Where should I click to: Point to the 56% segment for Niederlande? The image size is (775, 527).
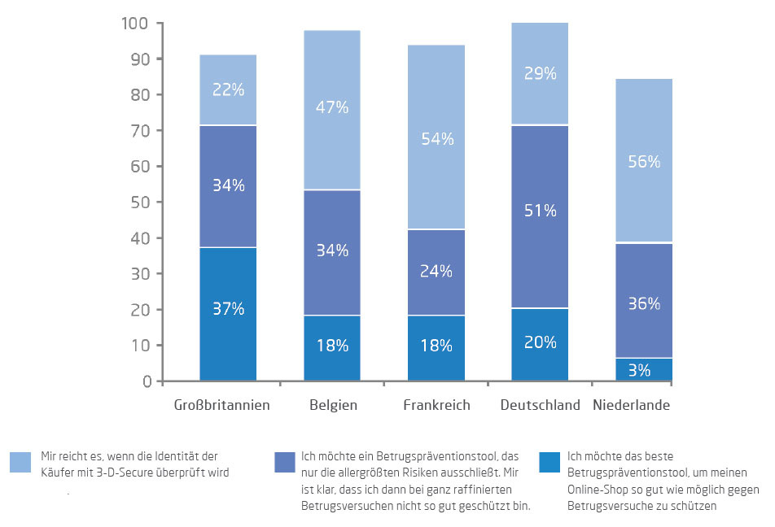pyautogui.click(x=644, y=161)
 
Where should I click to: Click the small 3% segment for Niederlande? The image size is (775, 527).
pyautogui.click(x=644, y=370)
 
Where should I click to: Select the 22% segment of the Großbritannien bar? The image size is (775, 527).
pyautogui.click(x=228, y=90)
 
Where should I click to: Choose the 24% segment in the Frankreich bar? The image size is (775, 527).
pyautogui.click(x=436, y=271)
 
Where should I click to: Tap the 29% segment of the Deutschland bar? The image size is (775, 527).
pyautogui.click(x=540, y=74)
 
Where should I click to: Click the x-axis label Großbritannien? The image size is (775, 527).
pyautogui.click(x=222, y=405)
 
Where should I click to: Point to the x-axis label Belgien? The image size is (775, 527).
pyautogui.click(x=332, y=405)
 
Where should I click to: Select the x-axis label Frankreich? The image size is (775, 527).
pyautogui.click(x=436, y=405)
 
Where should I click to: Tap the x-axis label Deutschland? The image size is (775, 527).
pyautogui.click(x=540, y=405)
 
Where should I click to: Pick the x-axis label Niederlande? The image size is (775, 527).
pyautogui.click(x=632, y=405)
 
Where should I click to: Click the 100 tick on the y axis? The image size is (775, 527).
pyautogui.click(x=135, y=24)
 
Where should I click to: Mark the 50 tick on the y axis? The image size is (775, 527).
pyautogui.click(x=139, y=203)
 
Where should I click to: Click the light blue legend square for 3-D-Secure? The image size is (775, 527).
pyautogui.click(x=21, y=463)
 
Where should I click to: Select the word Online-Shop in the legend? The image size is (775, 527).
pyautogui.click(x=599, y=490)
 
